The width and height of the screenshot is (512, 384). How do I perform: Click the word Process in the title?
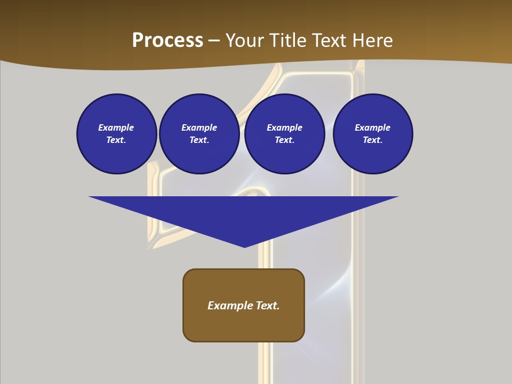click(x=167, y=40)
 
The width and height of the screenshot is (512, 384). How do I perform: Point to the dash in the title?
click(x=214, y=41)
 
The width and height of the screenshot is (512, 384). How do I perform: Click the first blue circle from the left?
click(x=117, y=133)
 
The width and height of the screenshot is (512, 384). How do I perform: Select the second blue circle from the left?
click(x=199, y=133)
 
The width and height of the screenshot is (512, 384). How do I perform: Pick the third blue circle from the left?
click(x=285, y=133)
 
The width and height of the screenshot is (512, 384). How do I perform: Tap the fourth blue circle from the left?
click(x=373, y=133)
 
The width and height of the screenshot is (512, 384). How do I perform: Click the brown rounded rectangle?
click(x=244, y=325)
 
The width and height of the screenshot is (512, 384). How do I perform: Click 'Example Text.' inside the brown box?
click(x=244, y=306)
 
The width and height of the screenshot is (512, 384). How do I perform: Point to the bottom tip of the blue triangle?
click(x=244, y=246)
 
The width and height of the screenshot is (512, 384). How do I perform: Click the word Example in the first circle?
click(x=116, y=127)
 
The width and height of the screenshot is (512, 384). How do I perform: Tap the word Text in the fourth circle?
click(x=372, y=140)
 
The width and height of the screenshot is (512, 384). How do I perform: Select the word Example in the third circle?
click(x=285, y=127)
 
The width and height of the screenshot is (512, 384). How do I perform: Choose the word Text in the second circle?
click(x=198, y=140)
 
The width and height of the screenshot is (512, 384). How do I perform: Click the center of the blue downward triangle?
click(x=244, y=213)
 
